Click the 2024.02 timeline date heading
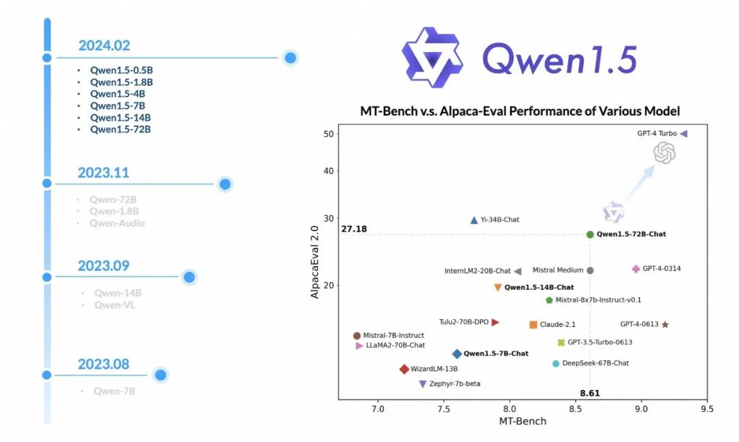point(104,45)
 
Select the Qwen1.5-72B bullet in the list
point(120,129)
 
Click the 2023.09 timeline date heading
point(103,266)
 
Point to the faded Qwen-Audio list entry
point(117,223)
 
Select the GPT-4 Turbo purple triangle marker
point(684,134)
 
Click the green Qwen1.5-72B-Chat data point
point(591,234)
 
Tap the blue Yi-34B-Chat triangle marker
point(474,220)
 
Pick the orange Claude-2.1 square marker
point(533,325)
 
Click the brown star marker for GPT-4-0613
point(664,325)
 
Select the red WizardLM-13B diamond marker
point(404,369)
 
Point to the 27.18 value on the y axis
point(354,228)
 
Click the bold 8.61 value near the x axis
point(590,393)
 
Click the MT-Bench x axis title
point(522,421)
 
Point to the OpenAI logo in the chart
point(664,153)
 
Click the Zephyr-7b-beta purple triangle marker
point(423,384)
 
